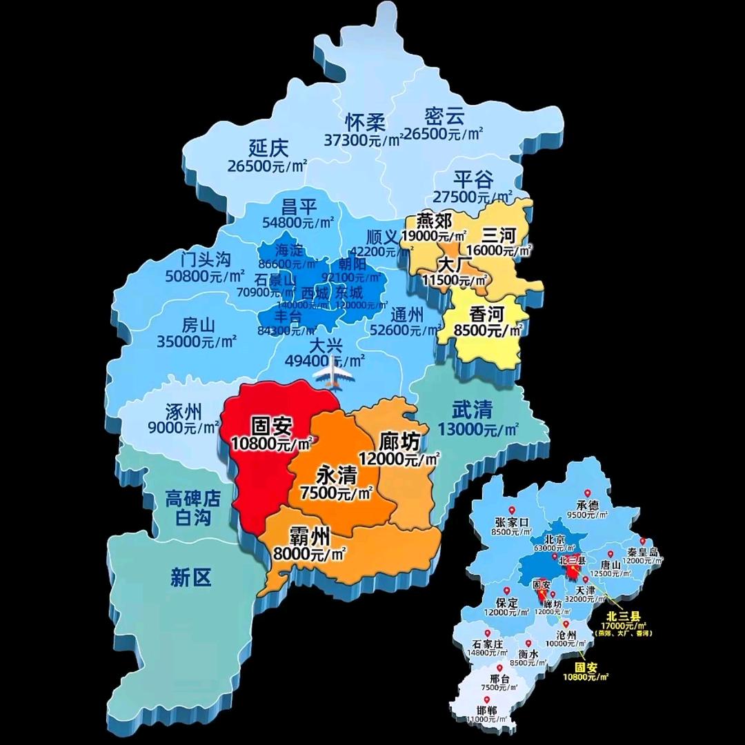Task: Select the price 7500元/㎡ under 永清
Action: [337, 493]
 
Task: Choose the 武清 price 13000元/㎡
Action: [477, 430]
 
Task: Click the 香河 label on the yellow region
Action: [488, 315]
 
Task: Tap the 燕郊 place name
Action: [435, 221]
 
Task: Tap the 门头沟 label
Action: [205, 260]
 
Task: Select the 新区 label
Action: [191, 578]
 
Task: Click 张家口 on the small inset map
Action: [511, 521]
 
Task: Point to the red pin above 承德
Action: [588, 493]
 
